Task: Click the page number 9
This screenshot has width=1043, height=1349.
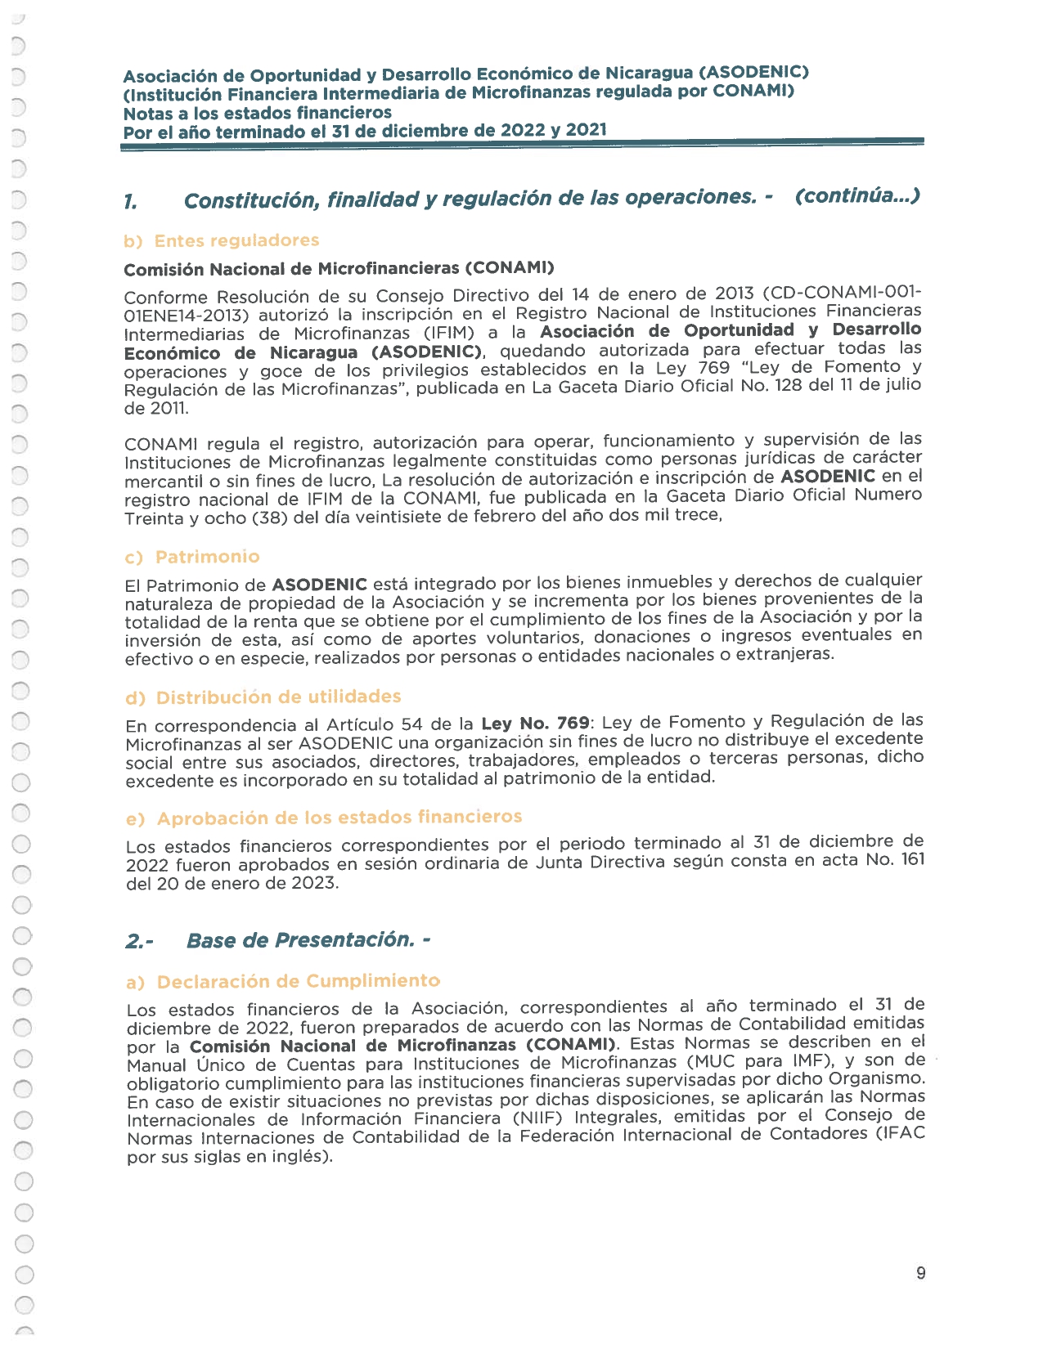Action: point(921,1273)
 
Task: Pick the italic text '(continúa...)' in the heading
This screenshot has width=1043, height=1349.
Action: point(856,196)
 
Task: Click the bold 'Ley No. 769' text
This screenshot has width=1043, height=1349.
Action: point(535,724)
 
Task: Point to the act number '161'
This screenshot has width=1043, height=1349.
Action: point(912,859)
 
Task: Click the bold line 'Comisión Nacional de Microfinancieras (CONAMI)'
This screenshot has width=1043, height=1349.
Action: point(339,269)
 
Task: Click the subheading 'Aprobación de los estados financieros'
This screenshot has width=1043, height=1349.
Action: point(339,818)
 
